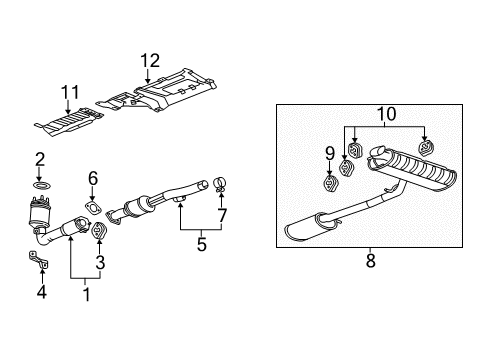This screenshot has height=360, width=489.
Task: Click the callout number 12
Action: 149,62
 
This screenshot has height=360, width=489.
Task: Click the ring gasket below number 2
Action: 41,185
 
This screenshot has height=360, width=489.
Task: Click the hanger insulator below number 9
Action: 331,183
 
